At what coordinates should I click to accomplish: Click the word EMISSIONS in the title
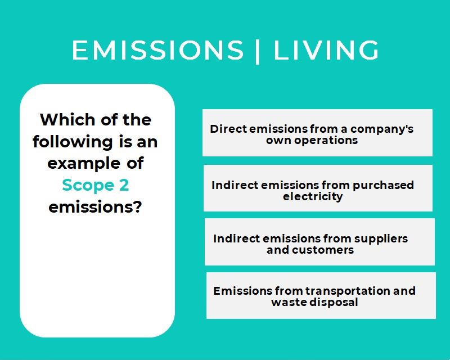[158, 50]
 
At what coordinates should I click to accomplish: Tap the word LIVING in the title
[326, 50]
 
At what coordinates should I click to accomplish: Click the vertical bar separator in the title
[258, 51]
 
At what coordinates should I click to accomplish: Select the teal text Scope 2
[96, 185]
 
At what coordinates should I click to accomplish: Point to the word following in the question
[73, 143]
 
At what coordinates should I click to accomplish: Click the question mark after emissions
[138, 206]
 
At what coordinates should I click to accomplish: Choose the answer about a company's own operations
[317, 133]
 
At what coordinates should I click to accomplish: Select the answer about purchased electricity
[318, 188]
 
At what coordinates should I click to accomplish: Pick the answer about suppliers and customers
[319, 242]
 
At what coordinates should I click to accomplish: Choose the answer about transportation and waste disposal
[321, 295]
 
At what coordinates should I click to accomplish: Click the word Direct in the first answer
[228, 129]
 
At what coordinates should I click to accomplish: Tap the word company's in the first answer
[382, 129]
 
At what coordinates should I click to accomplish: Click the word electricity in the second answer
[313, 197]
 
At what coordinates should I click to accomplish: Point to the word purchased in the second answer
[383, 186]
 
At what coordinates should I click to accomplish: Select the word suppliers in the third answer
[381, 239]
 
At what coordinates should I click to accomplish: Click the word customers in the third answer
[323, 250]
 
